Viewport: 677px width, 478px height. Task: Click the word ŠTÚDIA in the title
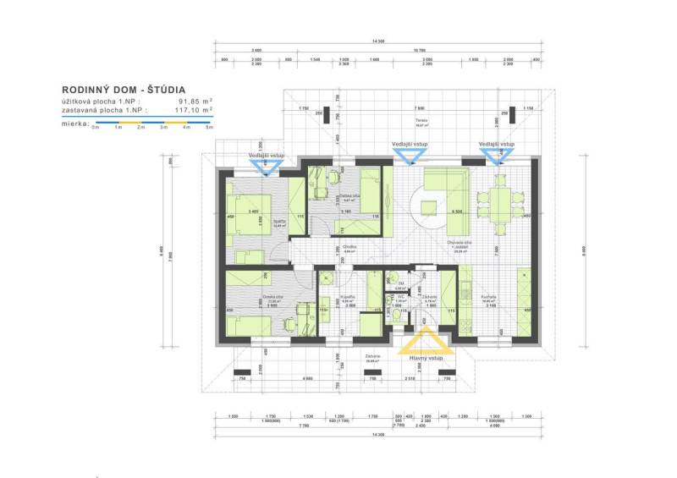click(x=158, y=89)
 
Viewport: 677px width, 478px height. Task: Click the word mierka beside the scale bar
click(x=75, y=123)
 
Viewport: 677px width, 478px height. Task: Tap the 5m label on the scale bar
click(x=209, y=127)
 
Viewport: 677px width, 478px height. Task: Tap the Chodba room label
click(x=350, y=247)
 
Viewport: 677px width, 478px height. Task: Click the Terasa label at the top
click(x=421, y=121)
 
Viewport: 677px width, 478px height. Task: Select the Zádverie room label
click(x=430, y=296)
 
